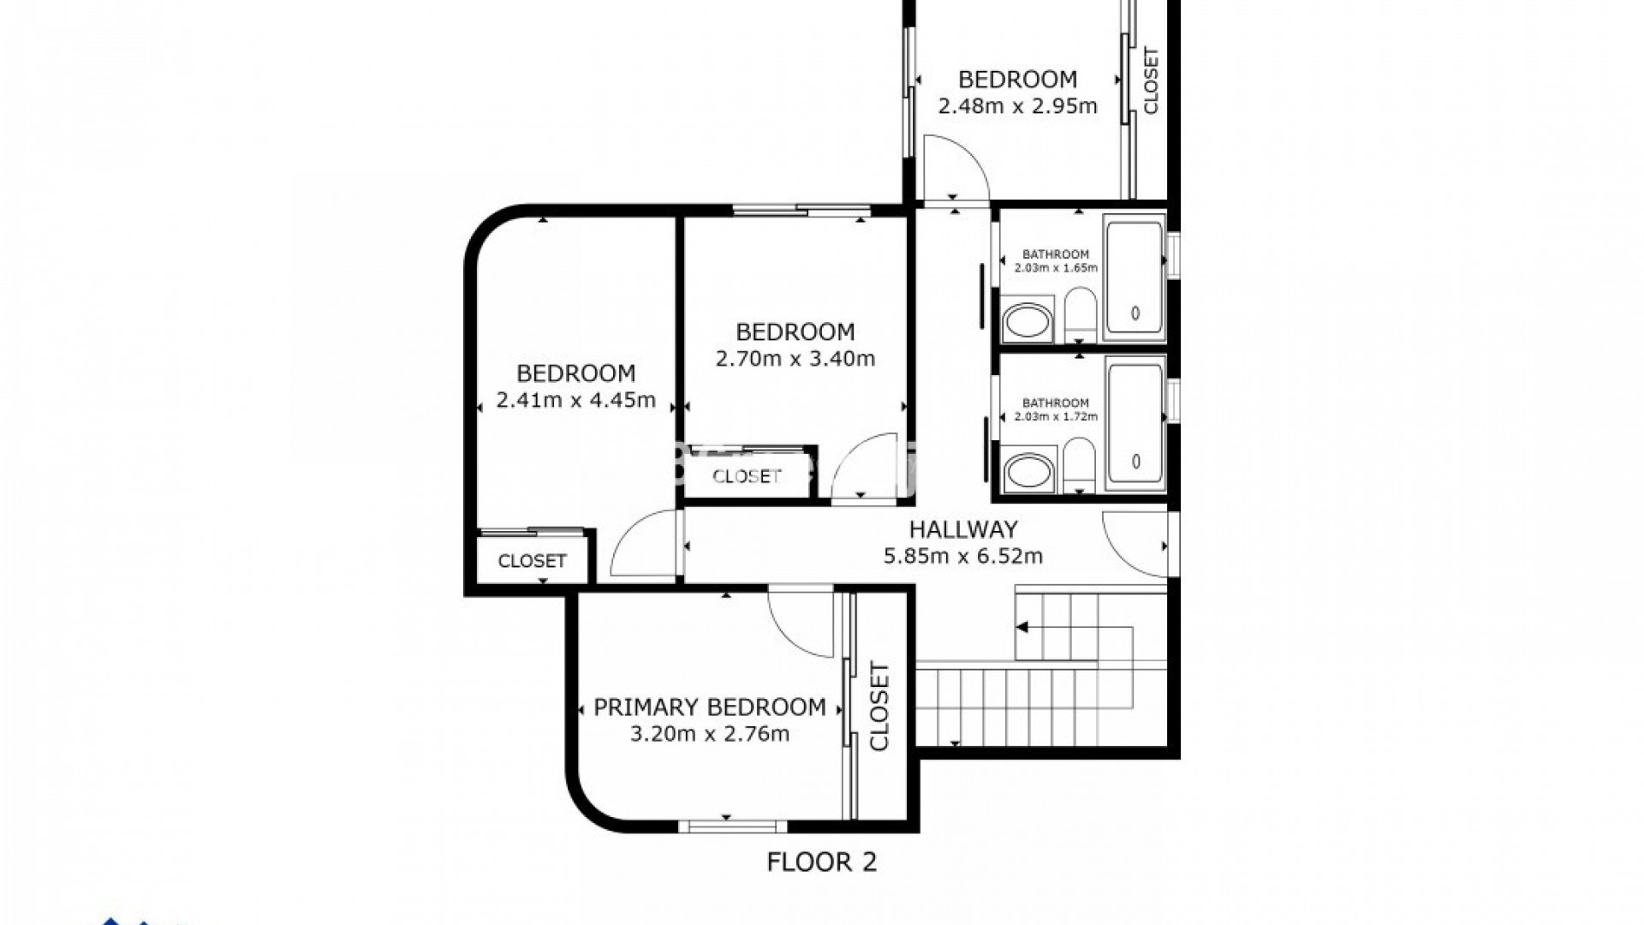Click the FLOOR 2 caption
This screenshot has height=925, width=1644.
point(821,862)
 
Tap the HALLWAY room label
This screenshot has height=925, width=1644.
point(962,529)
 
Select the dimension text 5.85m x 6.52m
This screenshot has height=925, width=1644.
point(962,557)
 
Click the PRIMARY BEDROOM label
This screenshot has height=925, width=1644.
point(709,707)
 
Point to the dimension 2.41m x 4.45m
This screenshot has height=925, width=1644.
point(575,400)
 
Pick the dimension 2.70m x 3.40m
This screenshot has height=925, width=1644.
point(795,359)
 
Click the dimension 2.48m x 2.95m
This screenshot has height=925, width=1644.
point(1017,106)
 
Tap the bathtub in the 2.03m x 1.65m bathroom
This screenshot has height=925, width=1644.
point(1135,278)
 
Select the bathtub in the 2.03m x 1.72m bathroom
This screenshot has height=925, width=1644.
point(1135,427)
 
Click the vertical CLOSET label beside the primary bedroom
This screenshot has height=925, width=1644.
point(879,707)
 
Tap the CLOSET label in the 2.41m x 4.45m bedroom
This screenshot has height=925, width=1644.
point(532,561)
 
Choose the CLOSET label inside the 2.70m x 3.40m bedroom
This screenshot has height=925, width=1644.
point(747,476)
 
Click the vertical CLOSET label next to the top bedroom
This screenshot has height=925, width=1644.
point(1151,81)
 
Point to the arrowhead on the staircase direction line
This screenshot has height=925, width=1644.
point(1022,628)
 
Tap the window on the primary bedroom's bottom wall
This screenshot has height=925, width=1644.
point(732,826)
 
